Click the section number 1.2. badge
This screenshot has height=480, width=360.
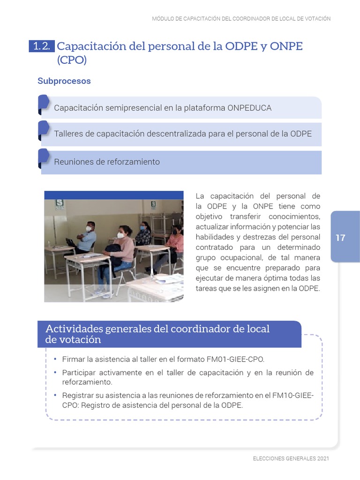[x=42, y=46]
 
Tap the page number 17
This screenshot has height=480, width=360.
[x=340, y=238]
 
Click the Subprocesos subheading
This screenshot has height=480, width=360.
[x=64, y=81]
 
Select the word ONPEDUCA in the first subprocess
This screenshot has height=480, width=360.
[x=249, y=108]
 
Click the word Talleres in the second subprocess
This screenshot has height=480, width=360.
[x=68, y=134]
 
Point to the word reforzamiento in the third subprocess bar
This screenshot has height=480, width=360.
[x=135, y=162]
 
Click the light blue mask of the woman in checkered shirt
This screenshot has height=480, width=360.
[x=142, y=228]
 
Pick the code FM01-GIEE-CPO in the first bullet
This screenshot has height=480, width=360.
[x=235, y=360]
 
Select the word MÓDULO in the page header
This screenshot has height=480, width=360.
[x=163, y=19]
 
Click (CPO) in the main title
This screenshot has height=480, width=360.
[x=72, y=60]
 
